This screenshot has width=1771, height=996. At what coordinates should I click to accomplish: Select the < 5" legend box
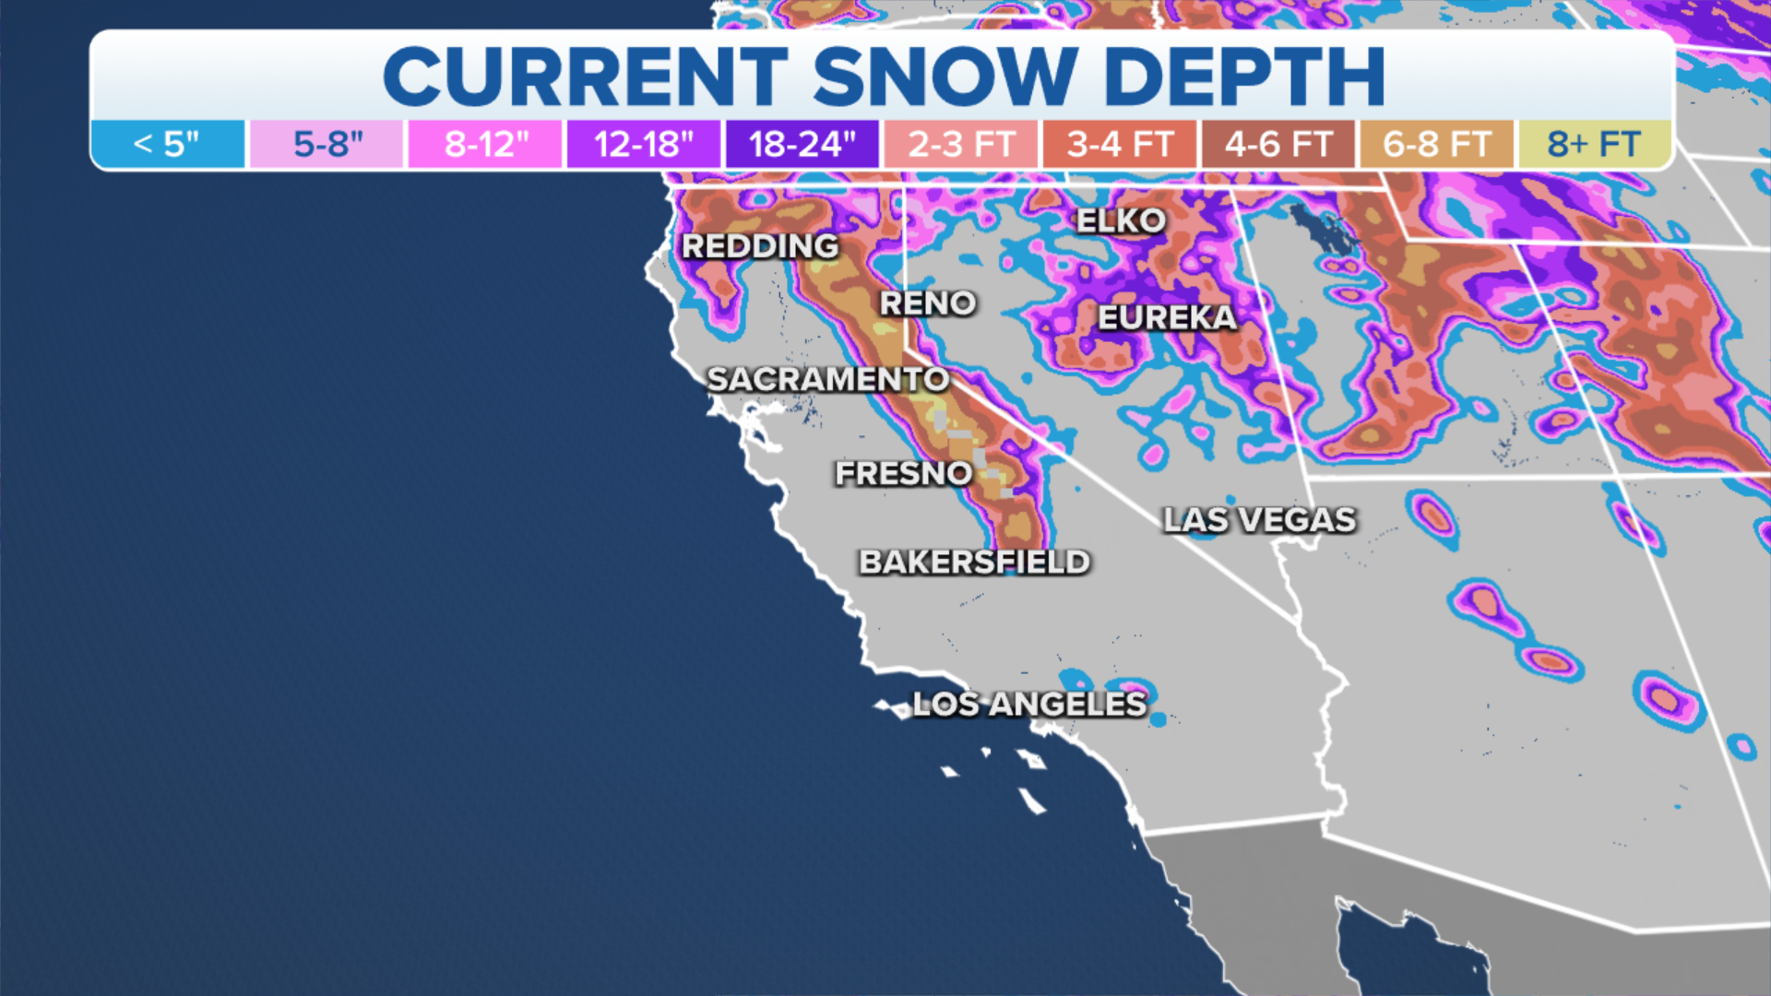point(167,145)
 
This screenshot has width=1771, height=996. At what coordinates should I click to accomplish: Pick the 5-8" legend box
point(327,145)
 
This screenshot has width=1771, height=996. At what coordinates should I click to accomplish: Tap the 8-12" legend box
point(486,145)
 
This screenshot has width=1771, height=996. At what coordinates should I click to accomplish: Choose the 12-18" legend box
point(643,145)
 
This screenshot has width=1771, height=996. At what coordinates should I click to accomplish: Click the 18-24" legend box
point(802,145)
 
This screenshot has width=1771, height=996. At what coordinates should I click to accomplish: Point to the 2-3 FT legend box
point(961,145)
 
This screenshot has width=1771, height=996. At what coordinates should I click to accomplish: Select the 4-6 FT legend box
point(1278,145)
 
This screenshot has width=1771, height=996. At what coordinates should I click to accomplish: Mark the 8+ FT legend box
point(1594,145)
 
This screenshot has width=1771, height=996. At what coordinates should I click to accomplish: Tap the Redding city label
point(760,246)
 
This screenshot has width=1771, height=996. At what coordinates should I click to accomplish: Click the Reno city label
point(927,303)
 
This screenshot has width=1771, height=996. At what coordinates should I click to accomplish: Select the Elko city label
point(1121,221)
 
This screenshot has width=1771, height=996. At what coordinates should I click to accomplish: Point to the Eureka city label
point(1167,318)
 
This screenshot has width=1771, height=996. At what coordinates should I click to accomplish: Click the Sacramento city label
point(827,379)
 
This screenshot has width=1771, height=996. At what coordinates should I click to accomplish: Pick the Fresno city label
point(903,474)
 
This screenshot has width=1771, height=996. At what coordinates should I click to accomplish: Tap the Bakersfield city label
point(974,563)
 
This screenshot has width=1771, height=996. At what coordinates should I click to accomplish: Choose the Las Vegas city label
point(1259,520)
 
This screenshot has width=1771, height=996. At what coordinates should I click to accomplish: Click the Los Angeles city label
point(1029,705)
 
